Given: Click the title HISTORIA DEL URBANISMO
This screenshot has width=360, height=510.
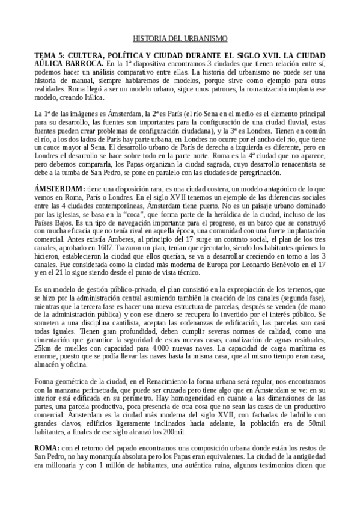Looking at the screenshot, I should point(180,38).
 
